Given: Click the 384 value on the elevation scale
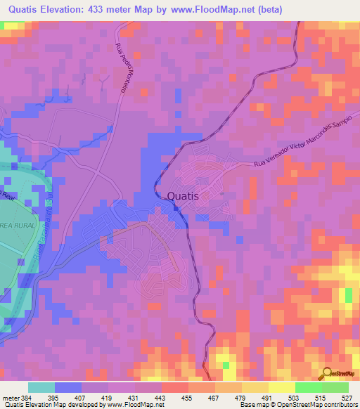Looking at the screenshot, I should point(25,397).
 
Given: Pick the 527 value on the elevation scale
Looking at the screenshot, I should point(347,397).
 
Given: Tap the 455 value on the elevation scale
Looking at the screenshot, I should point(187,397).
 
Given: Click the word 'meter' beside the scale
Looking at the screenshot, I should point(9,397).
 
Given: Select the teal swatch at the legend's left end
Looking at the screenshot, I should point(41,387).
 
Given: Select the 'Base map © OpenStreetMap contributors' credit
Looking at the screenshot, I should point(297,405).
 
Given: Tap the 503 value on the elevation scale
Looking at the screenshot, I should point(293,397).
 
